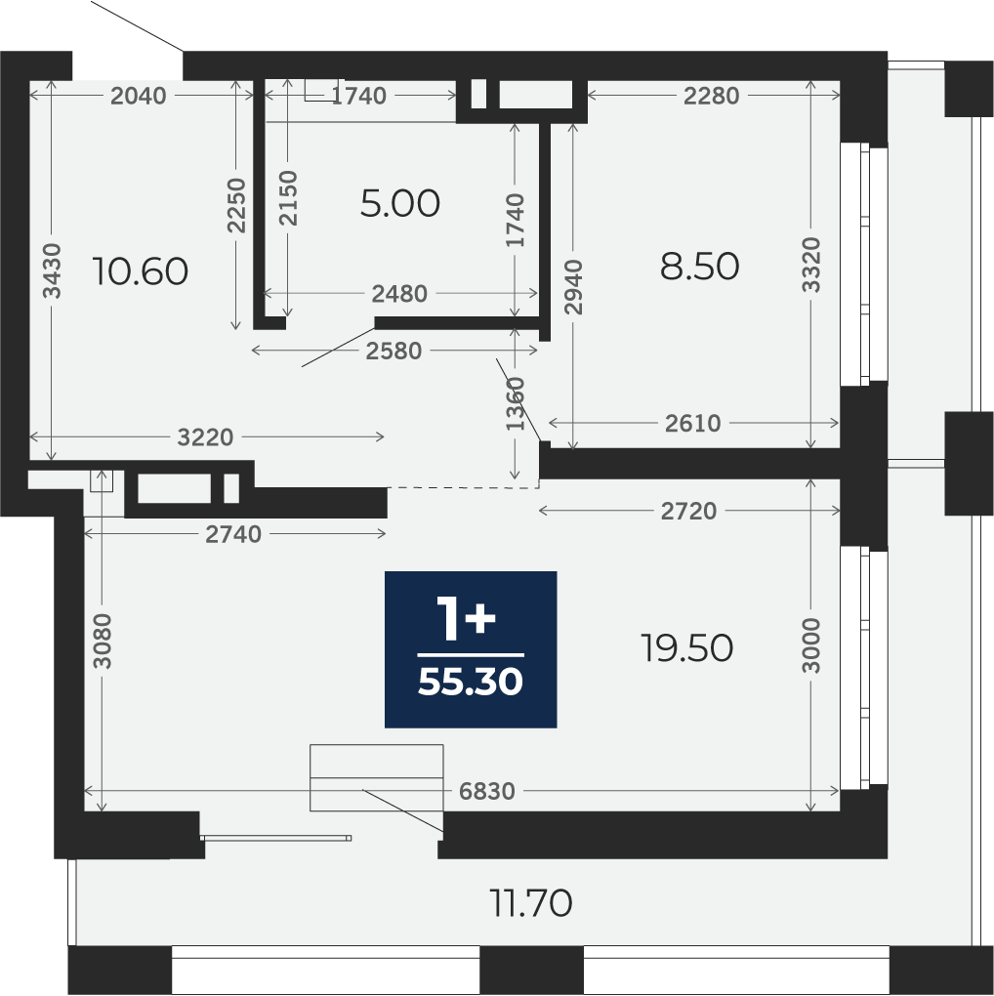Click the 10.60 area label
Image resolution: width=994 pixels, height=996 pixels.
(141, 271)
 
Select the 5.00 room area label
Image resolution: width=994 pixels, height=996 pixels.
(399, 204)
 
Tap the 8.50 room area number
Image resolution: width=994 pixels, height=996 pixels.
(699, 267)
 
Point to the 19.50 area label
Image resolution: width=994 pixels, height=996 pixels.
(686, 648)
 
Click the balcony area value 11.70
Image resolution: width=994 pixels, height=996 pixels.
(531, 903)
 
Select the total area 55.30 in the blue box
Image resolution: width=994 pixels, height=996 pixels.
(471, 683)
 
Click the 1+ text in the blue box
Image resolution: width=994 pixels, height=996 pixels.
(466, 618)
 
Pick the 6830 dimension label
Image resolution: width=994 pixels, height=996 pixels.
(487, 792)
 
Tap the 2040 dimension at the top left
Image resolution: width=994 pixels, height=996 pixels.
(139, 96)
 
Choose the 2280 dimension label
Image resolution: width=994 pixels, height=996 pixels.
(712, 96)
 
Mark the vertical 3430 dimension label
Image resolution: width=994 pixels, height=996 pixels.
(52, 270)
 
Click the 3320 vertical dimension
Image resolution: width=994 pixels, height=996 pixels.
(811, 265)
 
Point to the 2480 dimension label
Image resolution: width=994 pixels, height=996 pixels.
(399, 294)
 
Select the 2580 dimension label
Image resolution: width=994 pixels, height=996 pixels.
(393, 352)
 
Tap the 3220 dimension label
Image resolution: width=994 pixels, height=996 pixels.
(205, 437)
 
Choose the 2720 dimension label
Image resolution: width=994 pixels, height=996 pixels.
(688, 512)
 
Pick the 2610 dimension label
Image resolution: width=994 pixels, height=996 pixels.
(693, 424)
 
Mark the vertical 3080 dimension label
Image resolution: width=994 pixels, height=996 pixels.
(102, 641)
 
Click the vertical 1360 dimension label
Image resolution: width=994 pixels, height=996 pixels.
(516, 404)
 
